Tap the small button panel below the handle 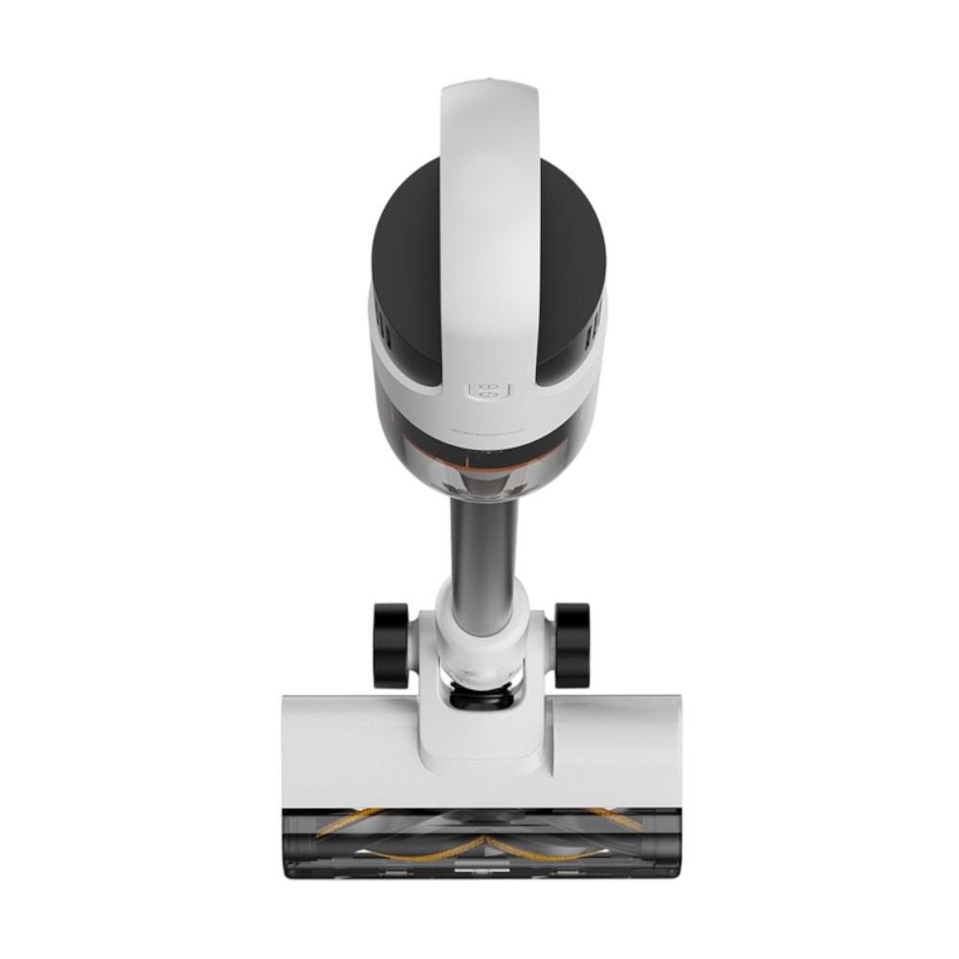tap(487, 390)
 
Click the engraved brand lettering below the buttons tap(487, 433)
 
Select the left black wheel tap(390, 643)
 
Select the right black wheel tap(573, 643)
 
